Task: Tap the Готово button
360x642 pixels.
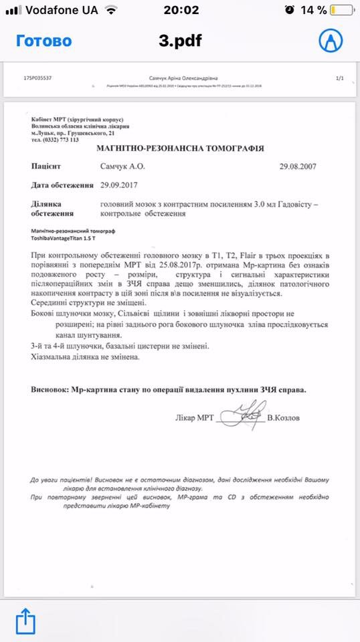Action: pyautogui.click(x=43, y=41)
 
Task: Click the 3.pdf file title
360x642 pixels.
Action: pyautogui.click(x=180, y=41)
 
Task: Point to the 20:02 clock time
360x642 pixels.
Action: pyautogui.click(x=181, y=10)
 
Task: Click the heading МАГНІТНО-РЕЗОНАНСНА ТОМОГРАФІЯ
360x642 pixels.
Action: pyautogui.click(x=180, y=148)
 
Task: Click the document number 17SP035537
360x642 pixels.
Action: pyautogui.click(x=37, y=78)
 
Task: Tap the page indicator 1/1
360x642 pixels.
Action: pyautogui.click(x=339, y=78)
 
